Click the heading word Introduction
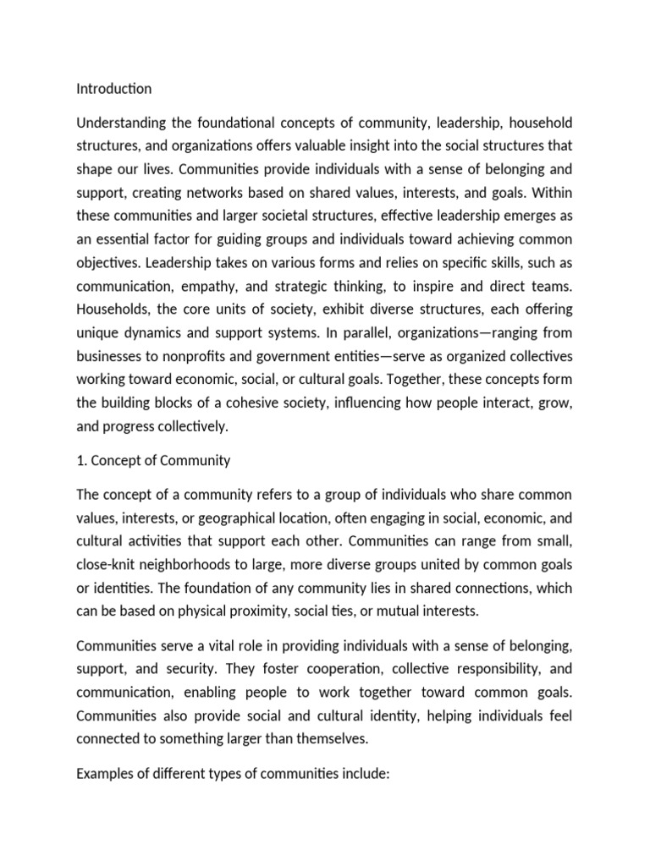pyautogui.click(x=114, y=89)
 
